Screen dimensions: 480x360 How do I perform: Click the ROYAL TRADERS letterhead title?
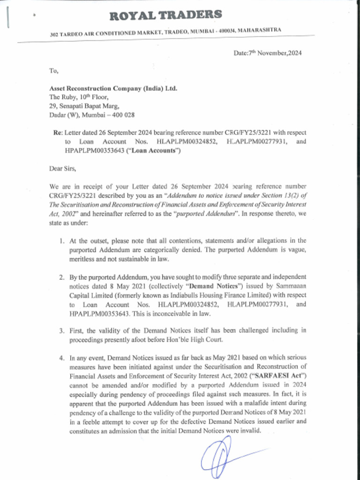tap(165, 15)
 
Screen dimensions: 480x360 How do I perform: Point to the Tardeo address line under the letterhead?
tap(165, 32)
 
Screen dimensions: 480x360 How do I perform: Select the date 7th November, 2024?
tap(268, 53)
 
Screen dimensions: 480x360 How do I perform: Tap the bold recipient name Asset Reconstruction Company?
tap(113, 89)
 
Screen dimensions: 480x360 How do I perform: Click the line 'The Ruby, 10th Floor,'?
tap(79, 97)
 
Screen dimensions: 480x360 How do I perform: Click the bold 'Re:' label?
tap(58, 133)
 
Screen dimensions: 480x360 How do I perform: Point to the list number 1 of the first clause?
tap(62, 241)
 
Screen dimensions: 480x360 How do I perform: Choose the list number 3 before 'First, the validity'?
tap(62, 330)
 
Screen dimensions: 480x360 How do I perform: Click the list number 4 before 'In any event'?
tap(62, 358)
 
